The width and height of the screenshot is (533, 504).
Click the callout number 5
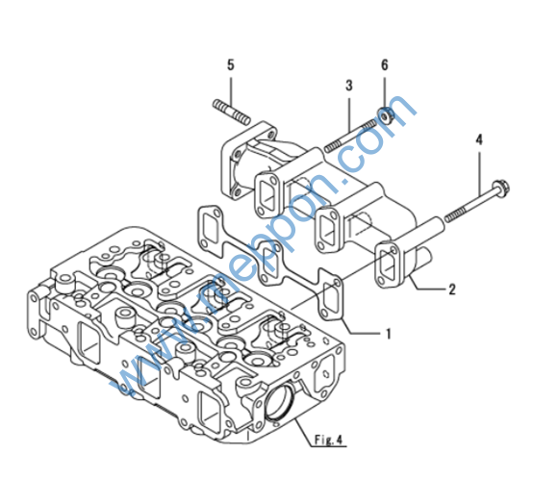click(x=231, y=64)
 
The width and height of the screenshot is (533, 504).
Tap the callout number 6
click(x=385, y=64)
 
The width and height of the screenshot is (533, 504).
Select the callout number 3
click(x=349, y=86)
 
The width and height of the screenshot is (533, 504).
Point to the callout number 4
click(x=479, y=139)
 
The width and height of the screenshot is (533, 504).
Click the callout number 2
click(x=452, y=290)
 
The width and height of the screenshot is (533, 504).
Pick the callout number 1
click(x=389, y=334)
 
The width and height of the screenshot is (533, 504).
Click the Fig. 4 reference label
click(x=328, y=440)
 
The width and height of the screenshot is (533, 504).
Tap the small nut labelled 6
click(x=386, y=115)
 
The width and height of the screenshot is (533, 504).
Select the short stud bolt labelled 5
click(x=232, y=112)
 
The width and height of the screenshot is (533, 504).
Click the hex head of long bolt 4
click(x=501, y=188)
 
